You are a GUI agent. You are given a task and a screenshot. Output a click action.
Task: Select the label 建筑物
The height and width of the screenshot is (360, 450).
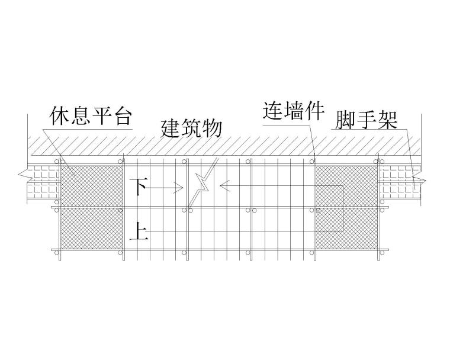tap(191, 128)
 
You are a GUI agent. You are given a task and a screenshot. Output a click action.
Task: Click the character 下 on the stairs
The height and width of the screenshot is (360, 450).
tap(137, 187)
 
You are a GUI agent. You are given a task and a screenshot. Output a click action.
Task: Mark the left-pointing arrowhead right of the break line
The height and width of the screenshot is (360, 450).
tap(224, 187)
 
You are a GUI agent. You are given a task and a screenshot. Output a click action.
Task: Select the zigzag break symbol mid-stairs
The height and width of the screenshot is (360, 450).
tap(202, 184)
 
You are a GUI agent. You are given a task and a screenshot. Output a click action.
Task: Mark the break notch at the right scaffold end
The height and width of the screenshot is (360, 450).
tap(420, 178)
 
